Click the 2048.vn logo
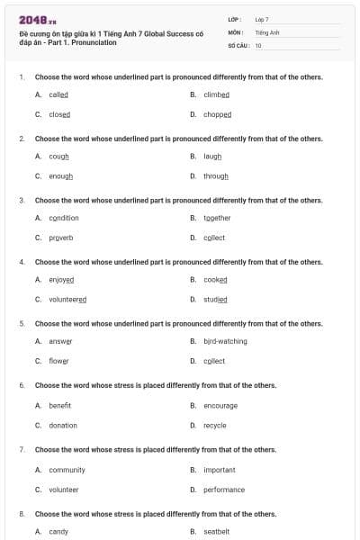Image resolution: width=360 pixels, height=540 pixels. [38, 20]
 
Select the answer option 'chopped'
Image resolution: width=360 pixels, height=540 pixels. [217, 115]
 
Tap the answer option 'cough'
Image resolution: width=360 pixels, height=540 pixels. [58, 156]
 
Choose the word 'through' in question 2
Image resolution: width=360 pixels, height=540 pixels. [215, 176]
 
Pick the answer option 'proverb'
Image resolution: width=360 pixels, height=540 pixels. [61, 238]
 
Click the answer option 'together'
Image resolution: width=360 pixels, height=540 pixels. [217, 218]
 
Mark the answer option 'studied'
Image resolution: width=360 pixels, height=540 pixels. [215, 300]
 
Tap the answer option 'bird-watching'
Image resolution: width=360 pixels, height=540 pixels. [225, 341]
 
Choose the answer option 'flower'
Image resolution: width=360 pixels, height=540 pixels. [58, 361]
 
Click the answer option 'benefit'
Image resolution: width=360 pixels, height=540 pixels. [59, 405]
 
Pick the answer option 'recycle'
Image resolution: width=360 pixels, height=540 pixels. [214, 425]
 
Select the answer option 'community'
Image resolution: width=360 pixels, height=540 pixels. [67, 470]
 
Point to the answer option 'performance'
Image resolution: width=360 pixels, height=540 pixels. [223, 490]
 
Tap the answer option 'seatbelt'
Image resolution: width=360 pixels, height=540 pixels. [216, 532]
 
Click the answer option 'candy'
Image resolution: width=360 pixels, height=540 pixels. [58, 532]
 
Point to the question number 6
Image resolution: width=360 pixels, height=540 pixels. [21, 385]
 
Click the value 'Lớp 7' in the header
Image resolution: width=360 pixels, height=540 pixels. [262, 19]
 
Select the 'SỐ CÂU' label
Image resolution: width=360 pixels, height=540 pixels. [238, 45]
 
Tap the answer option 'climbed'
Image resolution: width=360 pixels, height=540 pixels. [217, 94]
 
